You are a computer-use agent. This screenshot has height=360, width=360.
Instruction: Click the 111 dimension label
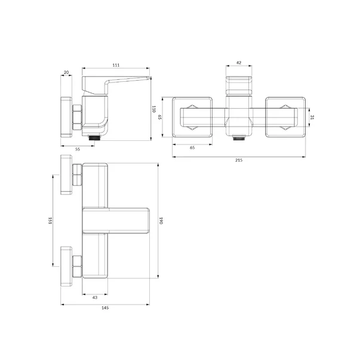(x=116, y=65)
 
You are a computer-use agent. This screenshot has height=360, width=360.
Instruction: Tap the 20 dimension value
(x=66, y=72)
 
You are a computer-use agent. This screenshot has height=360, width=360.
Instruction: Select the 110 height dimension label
(x=154, y=109)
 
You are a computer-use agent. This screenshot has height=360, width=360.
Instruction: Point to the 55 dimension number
(x=78, y=149)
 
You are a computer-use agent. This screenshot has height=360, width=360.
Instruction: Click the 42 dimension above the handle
(x=239, y=63)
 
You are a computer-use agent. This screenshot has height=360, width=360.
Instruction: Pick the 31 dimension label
(x=312, y=117)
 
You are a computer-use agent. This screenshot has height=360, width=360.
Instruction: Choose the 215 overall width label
(x=239, y=160)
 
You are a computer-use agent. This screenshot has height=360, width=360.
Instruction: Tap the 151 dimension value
(x=50, y=221)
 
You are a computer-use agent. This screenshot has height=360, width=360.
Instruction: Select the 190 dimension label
(x=161, y=221)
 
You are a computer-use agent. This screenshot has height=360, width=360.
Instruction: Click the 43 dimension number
(x=95, y=297)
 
